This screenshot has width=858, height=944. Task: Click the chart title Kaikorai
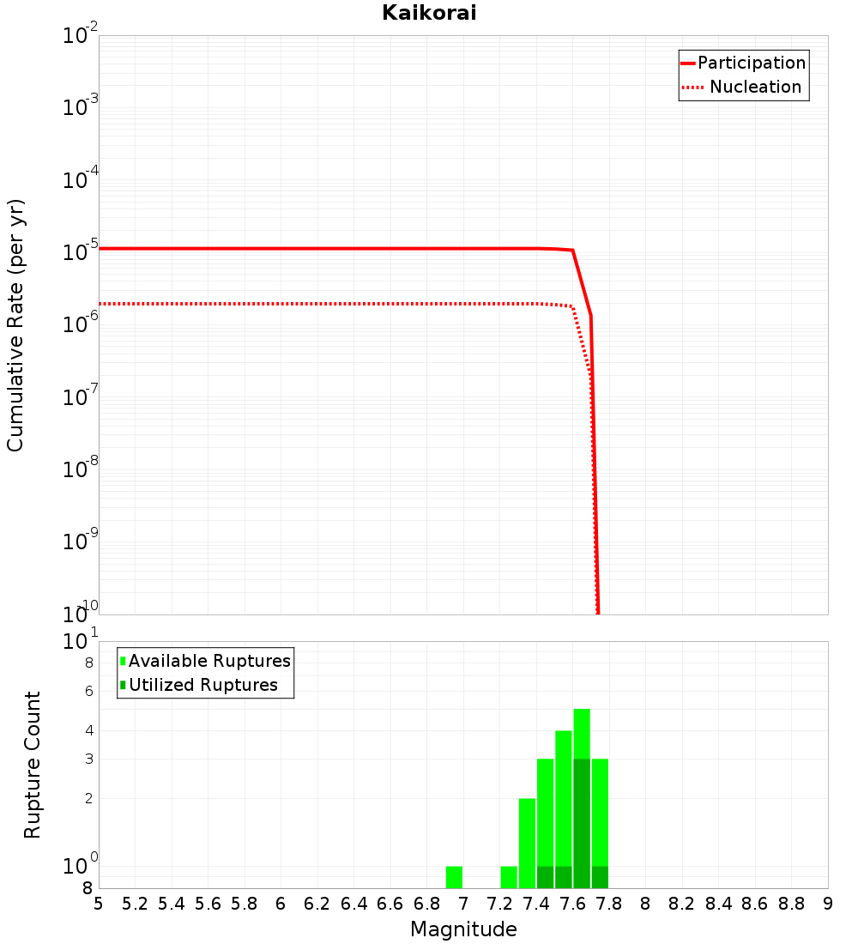point(429,13)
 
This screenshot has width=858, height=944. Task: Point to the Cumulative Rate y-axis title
point(16,324)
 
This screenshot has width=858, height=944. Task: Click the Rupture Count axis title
point(33,765)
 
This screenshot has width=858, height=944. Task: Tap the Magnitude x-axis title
point(463,929)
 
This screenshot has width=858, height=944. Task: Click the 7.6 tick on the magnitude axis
point(573,904)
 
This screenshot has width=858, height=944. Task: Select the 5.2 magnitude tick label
point(136,904)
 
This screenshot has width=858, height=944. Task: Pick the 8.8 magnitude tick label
point(792,904)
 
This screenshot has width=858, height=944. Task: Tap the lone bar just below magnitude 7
point(455,877)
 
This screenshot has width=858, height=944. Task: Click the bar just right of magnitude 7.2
point(509,877)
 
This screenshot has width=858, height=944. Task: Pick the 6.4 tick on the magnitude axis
point(354,904)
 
